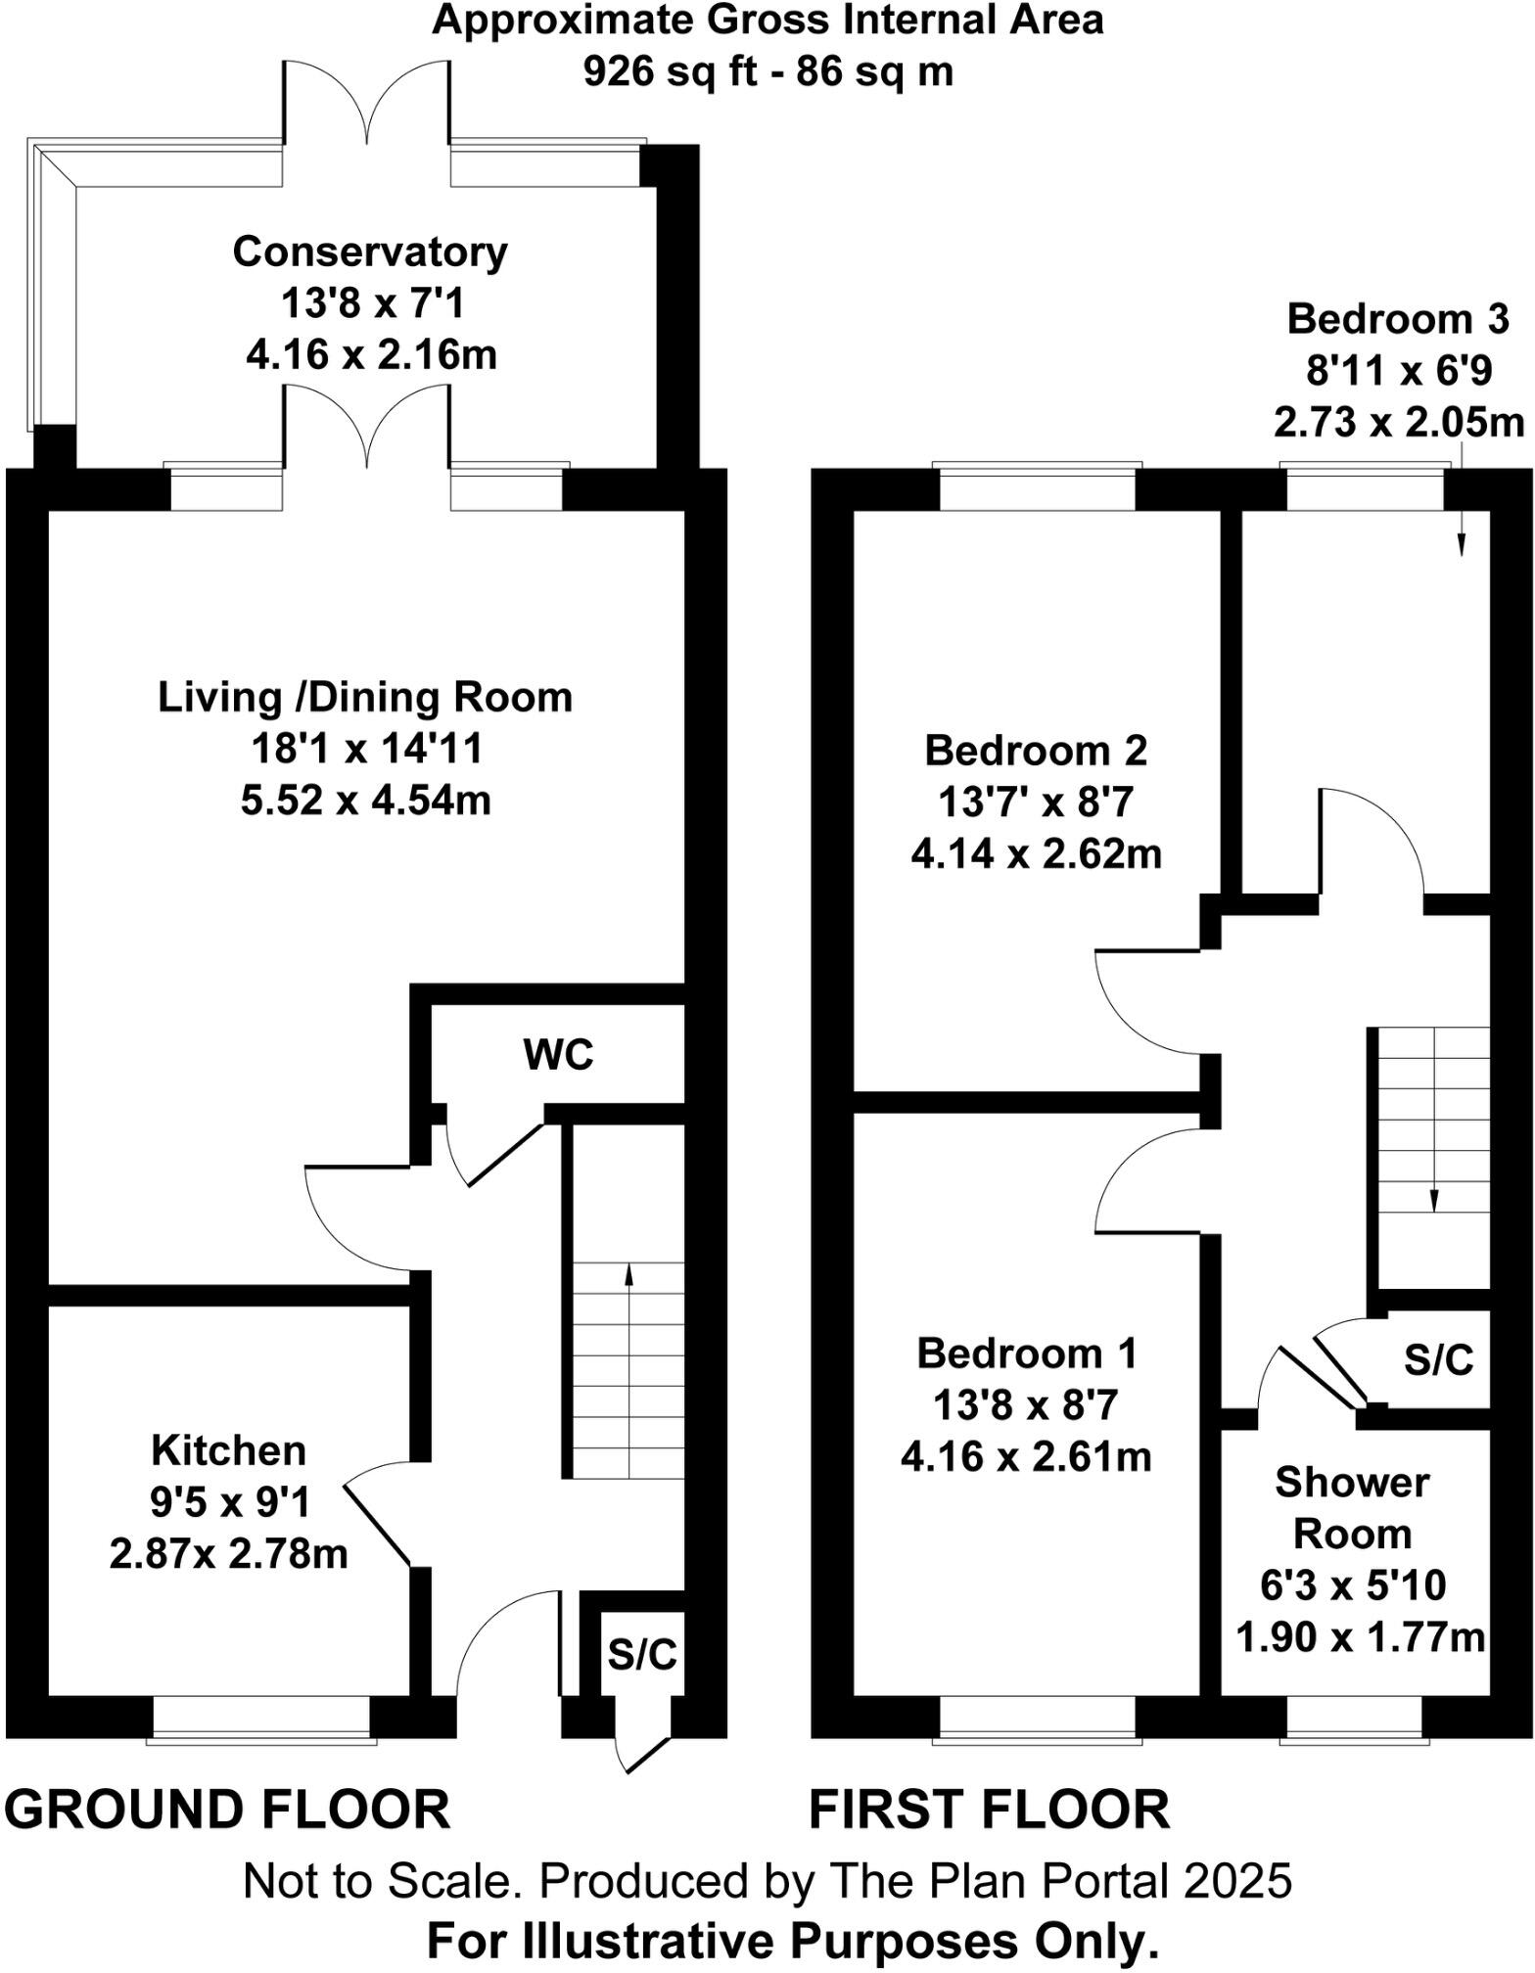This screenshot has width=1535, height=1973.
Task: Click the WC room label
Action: pos(558,1055)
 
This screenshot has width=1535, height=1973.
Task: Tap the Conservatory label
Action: pos(370,252)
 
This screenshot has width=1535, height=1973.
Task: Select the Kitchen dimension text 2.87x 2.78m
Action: pos(228,1553)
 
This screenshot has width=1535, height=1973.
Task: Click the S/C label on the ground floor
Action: pos(642,1653)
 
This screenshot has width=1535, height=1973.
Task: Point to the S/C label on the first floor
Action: pos(1438,1359)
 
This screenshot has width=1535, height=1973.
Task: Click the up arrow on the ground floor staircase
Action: pos(628,1272)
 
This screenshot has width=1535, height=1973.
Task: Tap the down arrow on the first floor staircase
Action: pos(1434,1199)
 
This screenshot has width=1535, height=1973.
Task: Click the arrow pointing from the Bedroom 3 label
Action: pos(1462,528)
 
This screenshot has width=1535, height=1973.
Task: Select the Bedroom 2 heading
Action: pos(1036,751)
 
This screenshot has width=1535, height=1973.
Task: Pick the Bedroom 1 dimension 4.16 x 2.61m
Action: pos(1026,1457)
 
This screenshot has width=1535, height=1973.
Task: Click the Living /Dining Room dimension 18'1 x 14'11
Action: pos(367,749)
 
